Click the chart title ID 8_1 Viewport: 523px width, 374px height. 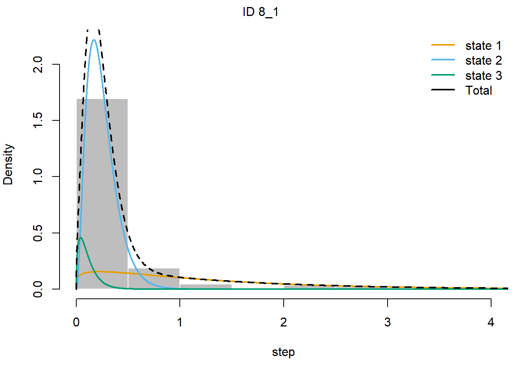(x=260, y=12)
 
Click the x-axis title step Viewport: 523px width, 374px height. (x=283, y=352)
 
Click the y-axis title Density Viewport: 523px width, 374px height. (x=8, y=164)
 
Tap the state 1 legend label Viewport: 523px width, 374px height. (x=483, y=46)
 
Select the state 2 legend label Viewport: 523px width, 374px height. (x=483, y=61)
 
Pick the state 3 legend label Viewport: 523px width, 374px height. (x=483, y=76)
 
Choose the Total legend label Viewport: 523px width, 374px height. (x=479, y=90)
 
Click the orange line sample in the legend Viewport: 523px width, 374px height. (x=443, y=45)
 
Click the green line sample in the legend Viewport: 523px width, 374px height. (x=443, y=75)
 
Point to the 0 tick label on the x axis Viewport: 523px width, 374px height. (x=76, y=322)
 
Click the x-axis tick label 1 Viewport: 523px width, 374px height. (x=180, y=322)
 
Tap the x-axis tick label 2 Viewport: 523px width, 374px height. (x=284, y=322)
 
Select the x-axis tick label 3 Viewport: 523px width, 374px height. (x=388, y=322)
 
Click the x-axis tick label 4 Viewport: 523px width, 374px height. (x=491, y=322)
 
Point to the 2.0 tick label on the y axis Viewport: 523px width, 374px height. (x=38, y=64)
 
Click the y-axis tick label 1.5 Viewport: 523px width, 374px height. (x=38, y=120)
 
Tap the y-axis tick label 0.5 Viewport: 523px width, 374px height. (x=38, y=233)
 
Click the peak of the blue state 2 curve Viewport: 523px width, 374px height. (x=94, y=40)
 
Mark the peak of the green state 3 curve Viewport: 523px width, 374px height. (x=81, y=237)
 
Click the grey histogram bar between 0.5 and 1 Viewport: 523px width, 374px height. (x=154, y=279)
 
